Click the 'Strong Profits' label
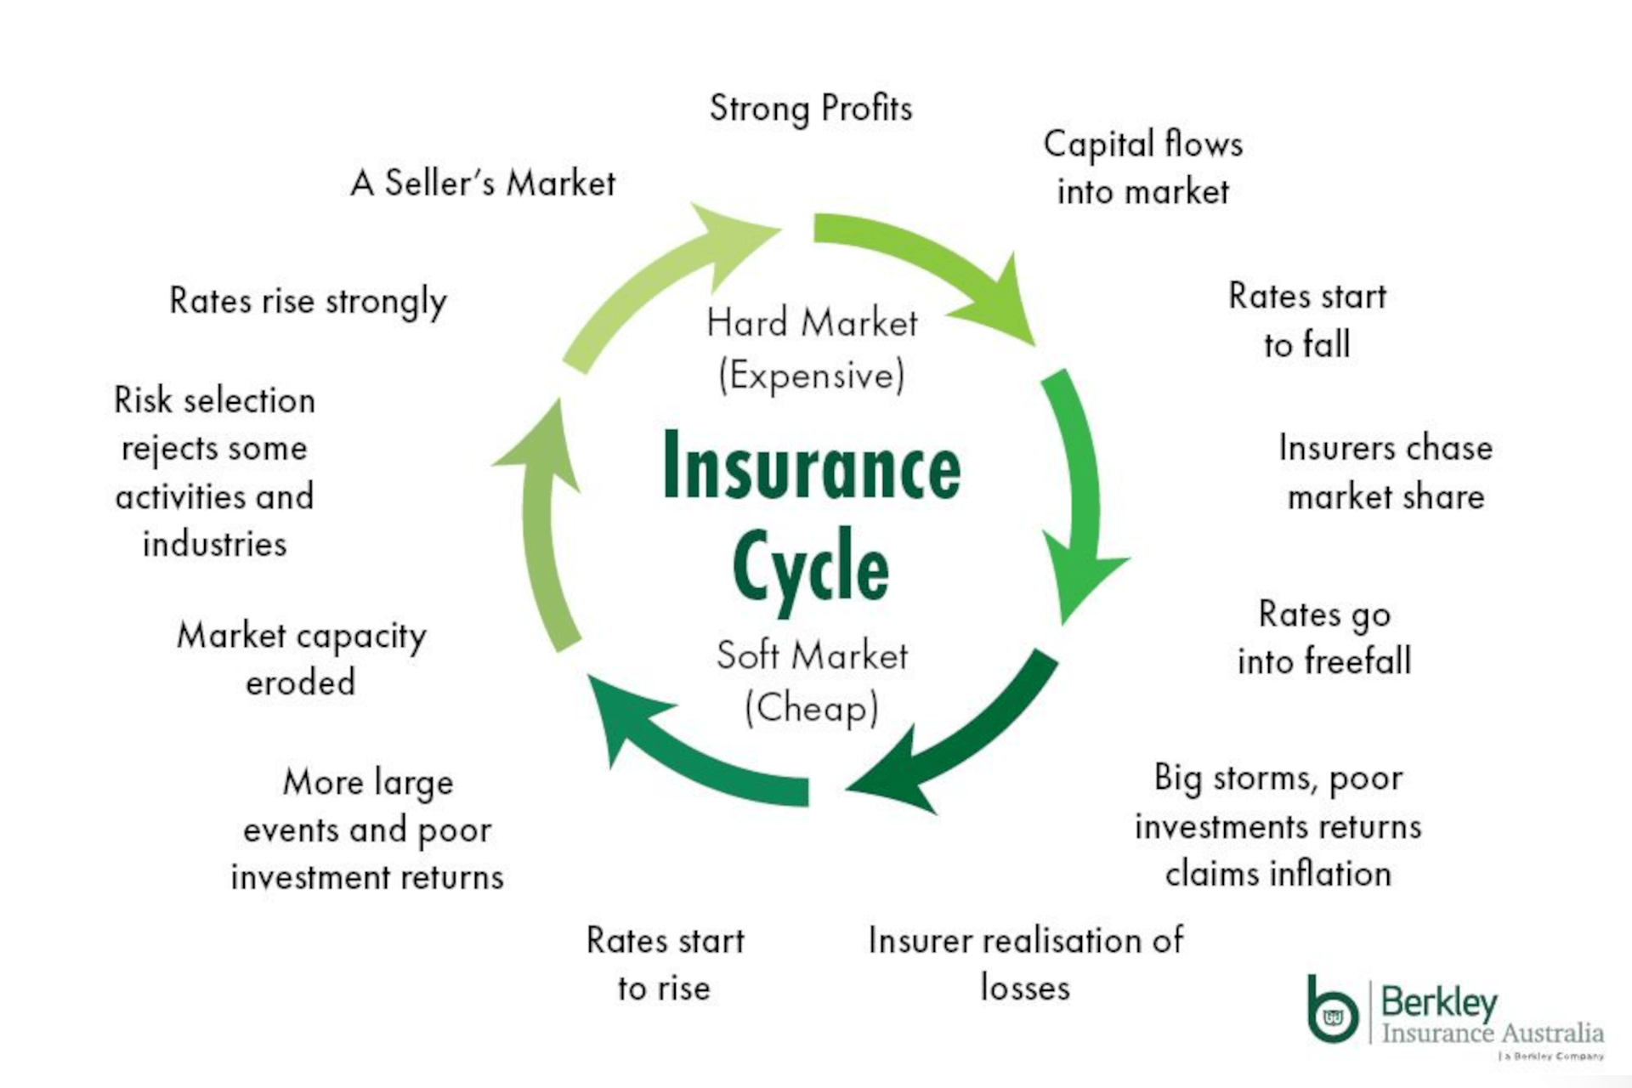[x=811, y=109]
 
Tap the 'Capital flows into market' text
[x=1142, y=167]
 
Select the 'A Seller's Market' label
[x=483, y=183]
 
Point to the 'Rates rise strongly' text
[x=308, y=301]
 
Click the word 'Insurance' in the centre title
[x=812, y=468]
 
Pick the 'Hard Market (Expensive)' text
[x=812, y=348]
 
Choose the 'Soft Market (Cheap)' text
[x=812, y=681]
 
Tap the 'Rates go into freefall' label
[x=1323, y=637]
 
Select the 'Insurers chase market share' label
[x=1385, y=472]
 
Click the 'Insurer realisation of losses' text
[x=1025, y=964]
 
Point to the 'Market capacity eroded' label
[x=301, y=659]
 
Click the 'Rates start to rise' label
[x=665, y=964]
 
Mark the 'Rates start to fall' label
[x=1307, y=320]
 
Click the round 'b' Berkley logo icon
[x=1331, y=1011]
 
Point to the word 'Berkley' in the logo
[x=1438, y=1003]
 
